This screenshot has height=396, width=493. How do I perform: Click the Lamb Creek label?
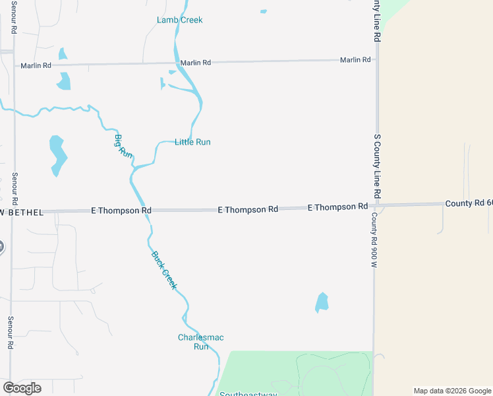tap(179, 20)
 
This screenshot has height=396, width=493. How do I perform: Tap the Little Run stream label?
tap(192, 142)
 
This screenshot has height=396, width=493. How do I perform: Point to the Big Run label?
tap(123, 146)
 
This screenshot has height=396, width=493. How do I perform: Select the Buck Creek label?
tap(164, 270)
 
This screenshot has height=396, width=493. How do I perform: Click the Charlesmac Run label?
tap(200, 342)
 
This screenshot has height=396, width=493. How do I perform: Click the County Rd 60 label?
tap(469, 203)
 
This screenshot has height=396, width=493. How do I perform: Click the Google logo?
tap(22, 388)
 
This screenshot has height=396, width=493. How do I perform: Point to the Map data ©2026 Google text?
tap(452, 391)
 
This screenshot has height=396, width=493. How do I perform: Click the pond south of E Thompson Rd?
tap(322, 302)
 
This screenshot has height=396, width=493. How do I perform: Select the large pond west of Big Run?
tap(58, 155)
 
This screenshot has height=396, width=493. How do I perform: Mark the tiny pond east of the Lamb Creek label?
tap(264, 11)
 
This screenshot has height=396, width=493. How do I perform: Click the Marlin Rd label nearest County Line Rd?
tap(355, 60)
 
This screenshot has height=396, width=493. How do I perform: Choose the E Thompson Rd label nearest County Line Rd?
tap(337, 207)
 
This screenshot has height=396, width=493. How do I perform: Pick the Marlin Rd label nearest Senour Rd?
tap(36, 66)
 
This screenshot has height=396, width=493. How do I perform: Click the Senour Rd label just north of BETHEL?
tap(14, 189)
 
